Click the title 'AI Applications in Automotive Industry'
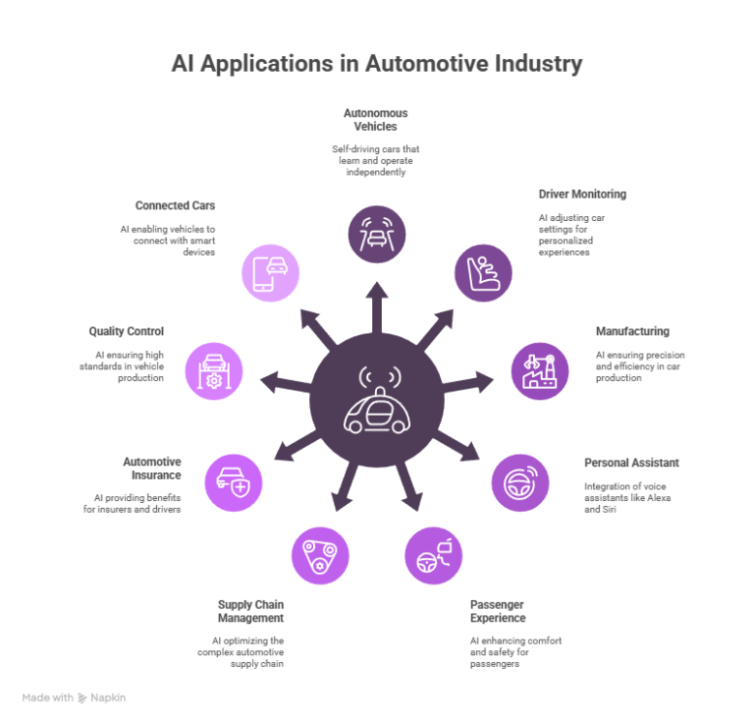tap(377, 64)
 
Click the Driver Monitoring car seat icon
tap(482, 272)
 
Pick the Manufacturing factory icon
tap(539, 371)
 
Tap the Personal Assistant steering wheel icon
tap(520, 482)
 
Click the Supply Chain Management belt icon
tap(319, 556)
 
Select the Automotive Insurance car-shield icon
tap(234, 482)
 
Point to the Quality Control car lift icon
tap(214, 371)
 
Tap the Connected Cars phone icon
tap(271, 272)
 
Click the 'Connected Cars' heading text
tap(175, 206)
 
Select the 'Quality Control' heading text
tap(126, 331)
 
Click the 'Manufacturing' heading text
tap(631, 331)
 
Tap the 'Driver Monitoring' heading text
tap(581, 194)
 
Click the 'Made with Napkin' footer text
tap(75, 697)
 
